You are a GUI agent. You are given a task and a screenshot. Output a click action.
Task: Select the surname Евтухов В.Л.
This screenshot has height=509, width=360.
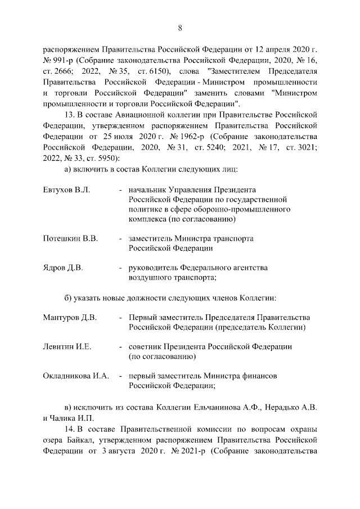[66, 190]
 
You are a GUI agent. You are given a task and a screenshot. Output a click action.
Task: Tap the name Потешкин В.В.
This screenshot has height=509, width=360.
[71, 238]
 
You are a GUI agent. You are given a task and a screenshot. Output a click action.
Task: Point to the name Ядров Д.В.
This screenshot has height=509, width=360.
[63, 268]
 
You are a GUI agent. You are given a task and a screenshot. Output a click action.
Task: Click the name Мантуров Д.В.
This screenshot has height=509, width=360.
[70, 318]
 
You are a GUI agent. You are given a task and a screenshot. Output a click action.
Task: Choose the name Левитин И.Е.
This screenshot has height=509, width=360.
[67, 347]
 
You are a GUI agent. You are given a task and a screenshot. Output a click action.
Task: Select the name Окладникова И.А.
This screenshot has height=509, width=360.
[76, 376]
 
